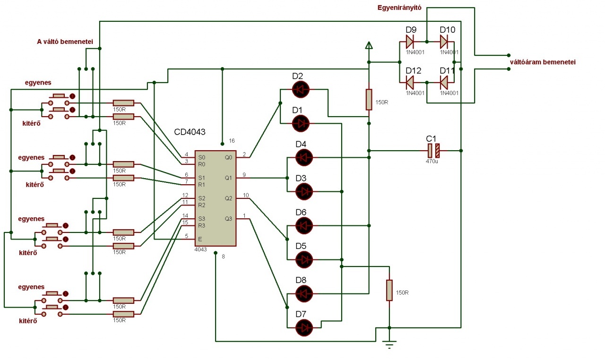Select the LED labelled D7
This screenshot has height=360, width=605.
tap(303, 327)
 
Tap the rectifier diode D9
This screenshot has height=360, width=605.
tap(409, 42)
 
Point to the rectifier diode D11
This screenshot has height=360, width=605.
tap(444, 83)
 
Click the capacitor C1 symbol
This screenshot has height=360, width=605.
tap(433, 150)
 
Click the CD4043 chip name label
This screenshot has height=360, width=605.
tap(190, 132)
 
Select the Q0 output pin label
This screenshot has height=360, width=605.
tap(229, 157)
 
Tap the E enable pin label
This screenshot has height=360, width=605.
tap(200, 239)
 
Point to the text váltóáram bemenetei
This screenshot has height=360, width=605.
tap(542, 62)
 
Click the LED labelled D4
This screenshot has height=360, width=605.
tap(303, 157)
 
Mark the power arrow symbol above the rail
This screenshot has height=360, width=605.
tap(369, 45)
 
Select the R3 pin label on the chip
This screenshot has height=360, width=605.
tap(202, 225)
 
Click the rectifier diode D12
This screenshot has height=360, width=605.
tap(409, 83)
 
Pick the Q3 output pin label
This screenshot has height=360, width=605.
tap(229, 218)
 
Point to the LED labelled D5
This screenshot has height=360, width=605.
tap(303, 259)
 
